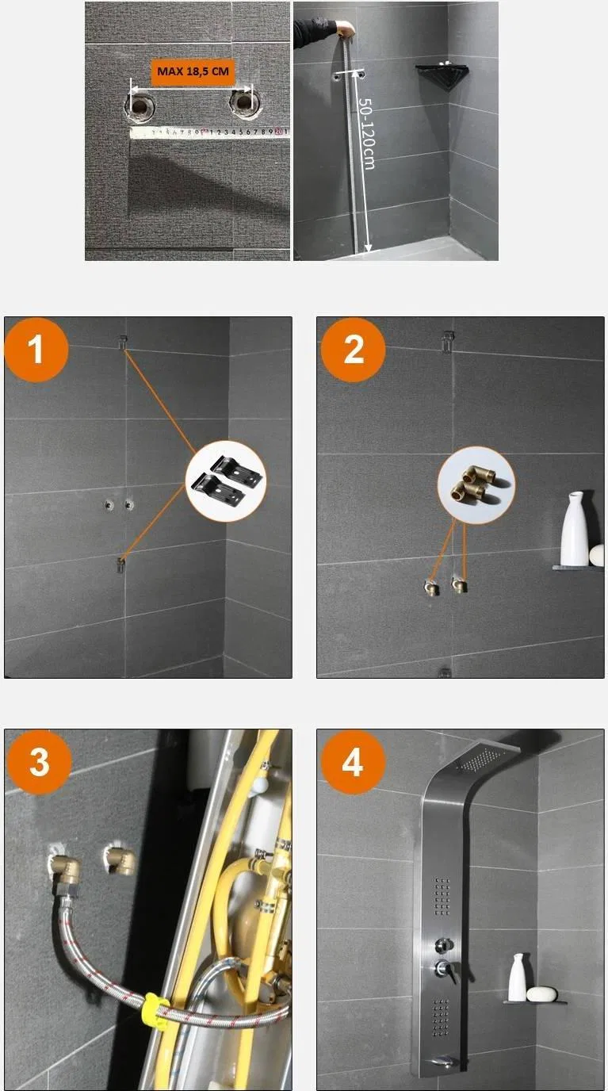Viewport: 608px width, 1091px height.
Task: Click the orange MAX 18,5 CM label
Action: tap(193, 72)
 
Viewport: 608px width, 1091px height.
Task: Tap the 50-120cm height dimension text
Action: tap(366, 133)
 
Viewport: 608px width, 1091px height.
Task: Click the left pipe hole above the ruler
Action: tap(140, 104)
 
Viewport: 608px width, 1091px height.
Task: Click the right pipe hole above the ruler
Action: tap(243, 102)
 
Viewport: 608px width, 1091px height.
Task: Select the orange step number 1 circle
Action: tap(36, 349)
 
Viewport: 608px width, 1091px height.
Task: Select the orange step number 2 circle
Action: tap(354, 349)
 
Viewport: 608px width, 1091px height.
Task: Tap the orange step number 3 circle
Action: tap(40, 762)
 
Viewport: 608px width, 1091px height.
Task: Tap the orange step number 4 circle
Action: tap(354, 762)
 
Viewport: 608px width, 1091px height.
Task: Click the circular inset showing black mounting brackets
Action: tap(226, 480)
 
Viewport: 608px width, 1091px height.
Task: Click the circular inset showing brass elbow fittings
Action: tap(476, 485)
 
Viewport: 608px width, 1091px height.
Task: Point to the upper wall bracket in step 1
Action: tap(124, 342)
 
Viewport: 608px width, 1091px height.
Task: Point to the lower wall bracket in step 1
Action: tap(120, 565)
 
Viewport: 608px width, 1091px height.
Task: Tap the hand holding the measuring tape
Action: tap(346, 29)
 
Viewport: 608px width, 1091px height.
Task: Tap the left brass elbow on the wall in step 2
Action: tap(432, 587)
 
